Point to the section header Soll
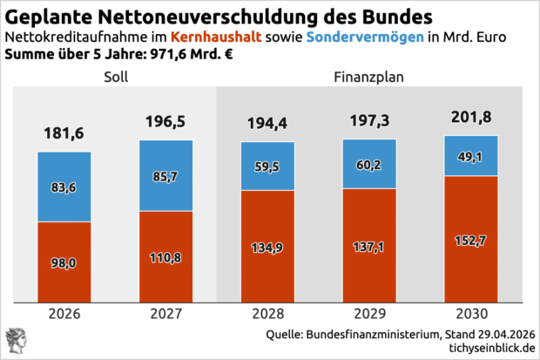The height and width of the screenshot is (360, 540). pyautogui.click(x=115, y=78)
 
